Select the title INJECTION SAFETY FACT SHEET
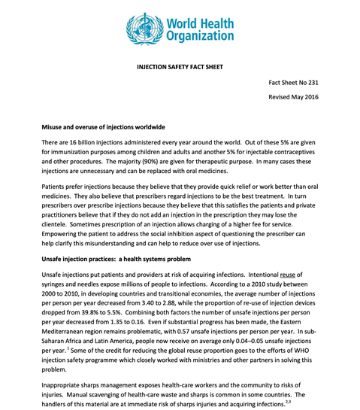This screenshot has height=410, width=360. [180, 67]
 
